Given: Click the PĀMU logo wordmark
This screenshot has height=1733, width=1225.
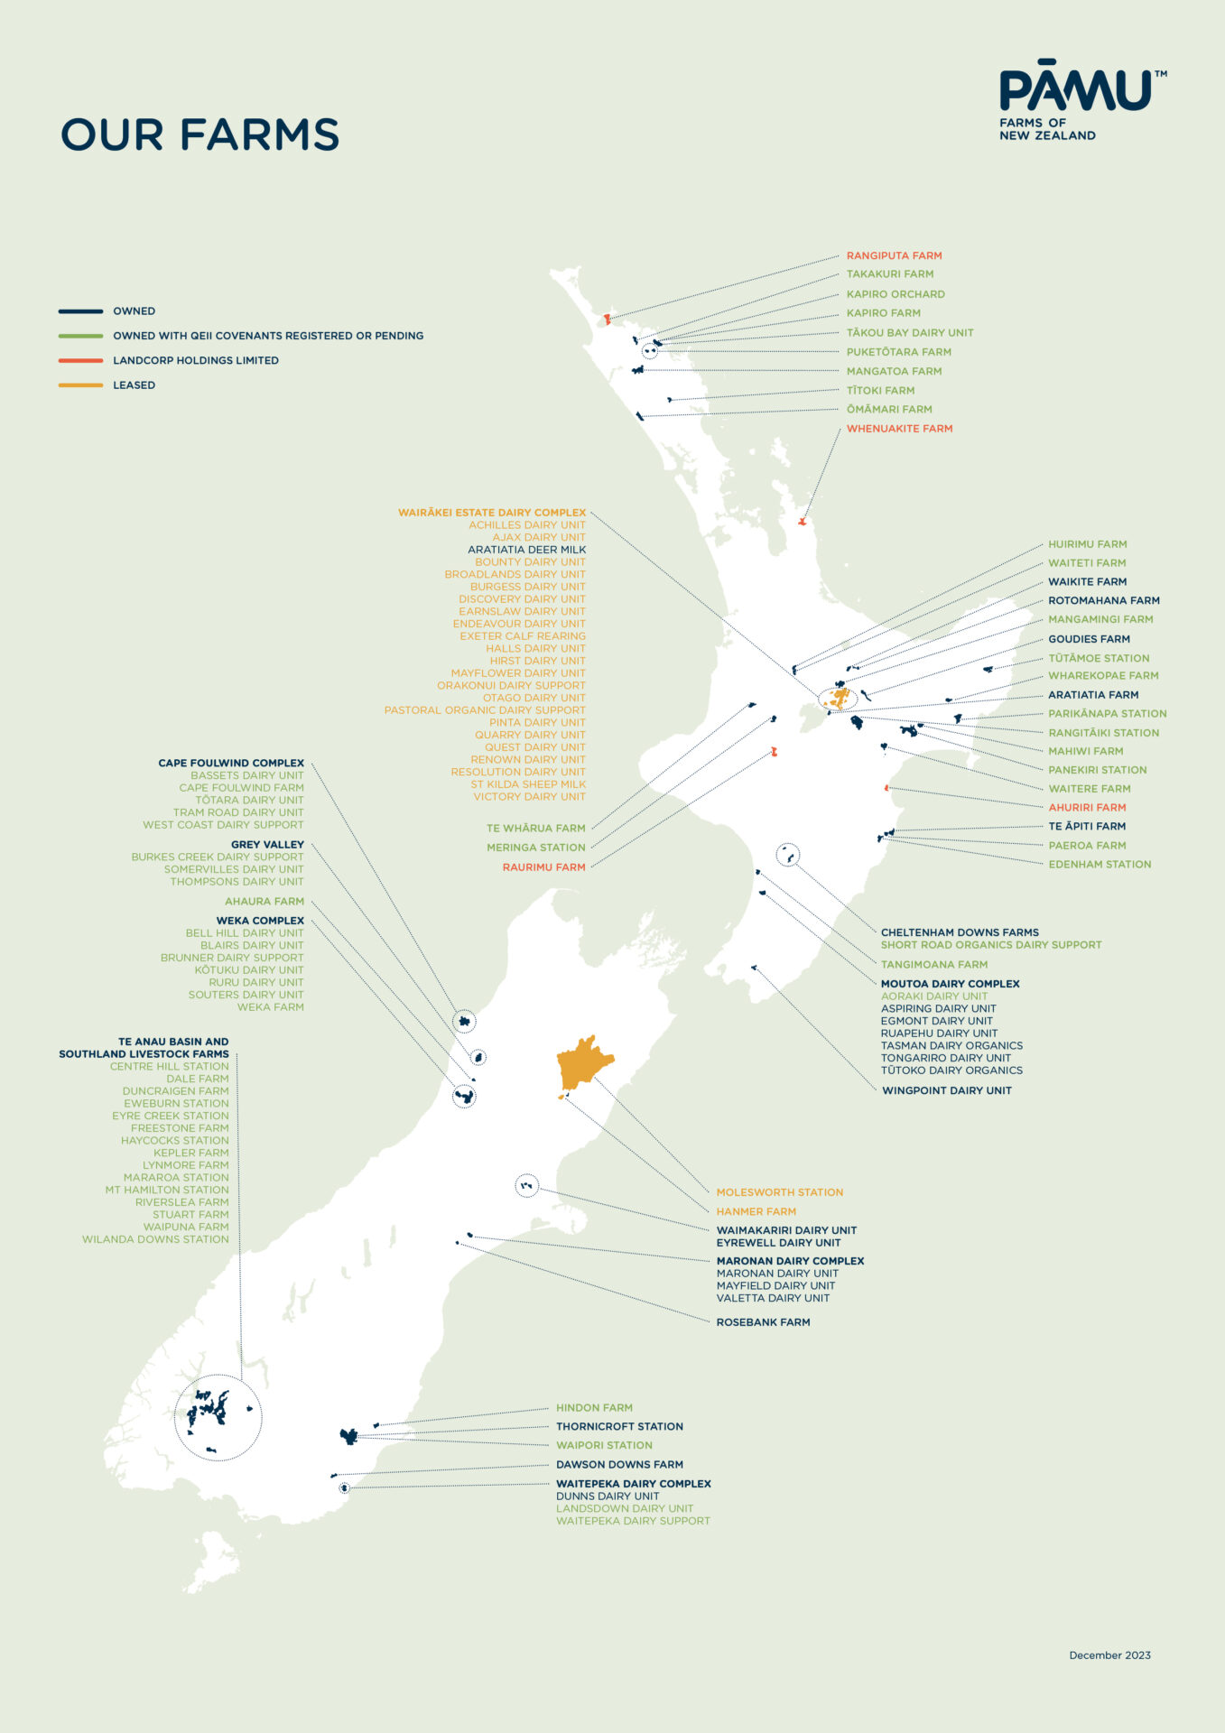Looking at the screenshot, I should (x=1075, y=90).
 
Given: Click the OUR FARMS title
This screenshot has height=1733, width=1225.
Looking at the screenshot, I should (x=200, y=134).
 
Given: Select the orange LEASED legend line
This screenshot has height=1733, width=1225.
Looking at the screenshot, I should (x=80, y=385).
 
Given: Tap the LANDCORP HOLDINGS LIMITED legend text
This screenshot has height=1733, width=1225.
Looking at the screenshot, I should (x=195, y=360).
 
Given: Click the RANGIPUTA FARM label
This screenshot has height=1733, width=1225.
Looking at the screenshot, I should (x=894, y=256).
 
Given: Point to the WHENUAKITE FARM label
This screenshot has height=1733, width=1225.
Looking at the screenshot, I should (x=899, y=429).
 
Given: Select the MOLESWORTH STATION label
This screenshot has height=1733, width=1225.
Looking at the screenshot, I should (x=779, y=1192).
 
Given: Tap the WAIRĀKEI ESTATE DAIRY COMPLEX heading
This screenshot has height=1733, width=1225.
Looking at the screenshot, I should (x=492, y=513).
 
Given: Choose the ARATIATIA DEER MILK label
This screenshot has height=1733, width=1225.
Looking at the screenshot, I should (x=526, y=550).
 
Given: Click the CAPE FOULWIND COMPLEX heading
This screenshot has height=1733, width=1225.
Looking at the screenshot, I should (x=231, y=764).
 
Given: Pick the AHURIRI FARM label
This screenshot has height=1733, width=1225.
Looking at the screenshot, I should (x=1087, y=808).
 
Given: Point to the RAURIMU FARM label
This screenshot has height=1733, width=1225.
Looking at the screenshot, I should (x=543, y=867).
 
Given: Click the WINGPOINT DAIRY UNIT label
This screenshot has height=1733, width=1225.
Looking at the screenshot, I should (x=946, y=1090).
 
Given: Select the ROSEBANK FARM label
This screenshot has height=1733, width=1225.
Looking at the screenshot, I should (x=763, y=1322).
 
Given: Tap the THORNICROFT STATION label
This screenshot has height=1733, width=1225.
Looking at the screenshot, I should (x=619, y=1427).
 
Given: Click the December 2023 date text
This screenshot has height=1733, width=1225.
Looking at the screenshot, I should (x=1109, y=1655).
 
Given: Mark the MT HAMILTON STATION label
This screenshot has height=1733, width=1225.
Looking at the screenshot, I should (x=167, y=1191).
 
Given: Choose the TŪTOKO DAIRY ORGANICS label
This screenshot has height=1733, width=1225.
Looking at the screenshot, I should (x=951, y=1070).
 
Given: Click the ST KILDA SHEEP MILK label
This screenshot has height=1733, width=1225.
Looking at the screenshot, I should (x=528, y=784).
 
